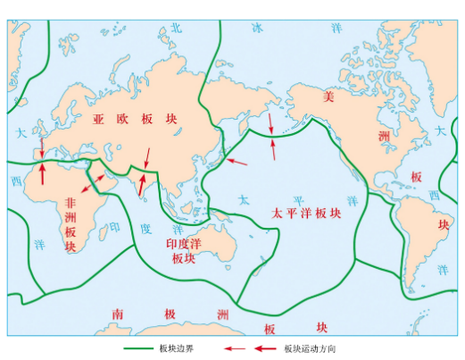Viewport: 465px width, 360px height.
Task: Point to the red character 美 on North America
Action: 328,96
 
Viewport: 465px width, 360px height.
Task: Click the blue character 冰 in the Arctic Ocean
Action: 259,28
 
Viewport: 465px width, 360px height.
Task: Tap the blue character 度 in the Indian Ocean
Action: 146,230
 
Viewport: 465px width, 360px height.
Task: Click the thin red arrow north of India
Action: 146,157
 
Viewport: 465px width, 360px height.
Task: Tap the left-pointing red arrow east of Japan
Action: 237,162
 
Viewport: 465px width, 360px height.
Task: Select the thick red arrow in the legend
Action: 235,349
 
